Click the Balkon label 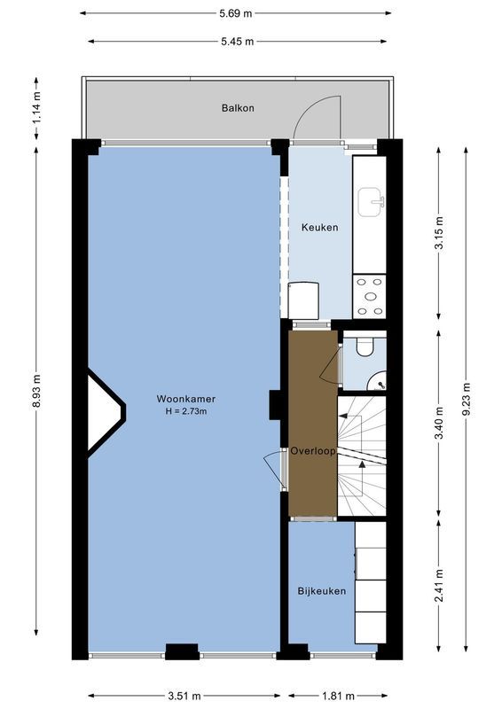tap(238, 108)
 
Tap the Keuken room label tap(319, 228)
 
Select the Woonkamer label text tap(185, 399)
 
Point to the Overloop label tap(313, 451)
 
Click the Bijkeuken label tap(321, 591)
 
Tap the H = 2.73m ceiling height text tap(185, 411)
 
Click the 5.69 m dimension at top tap(235, 13)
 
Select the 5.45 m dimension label tap(237, 42)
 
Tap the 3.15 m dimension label tap(439, 233)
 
